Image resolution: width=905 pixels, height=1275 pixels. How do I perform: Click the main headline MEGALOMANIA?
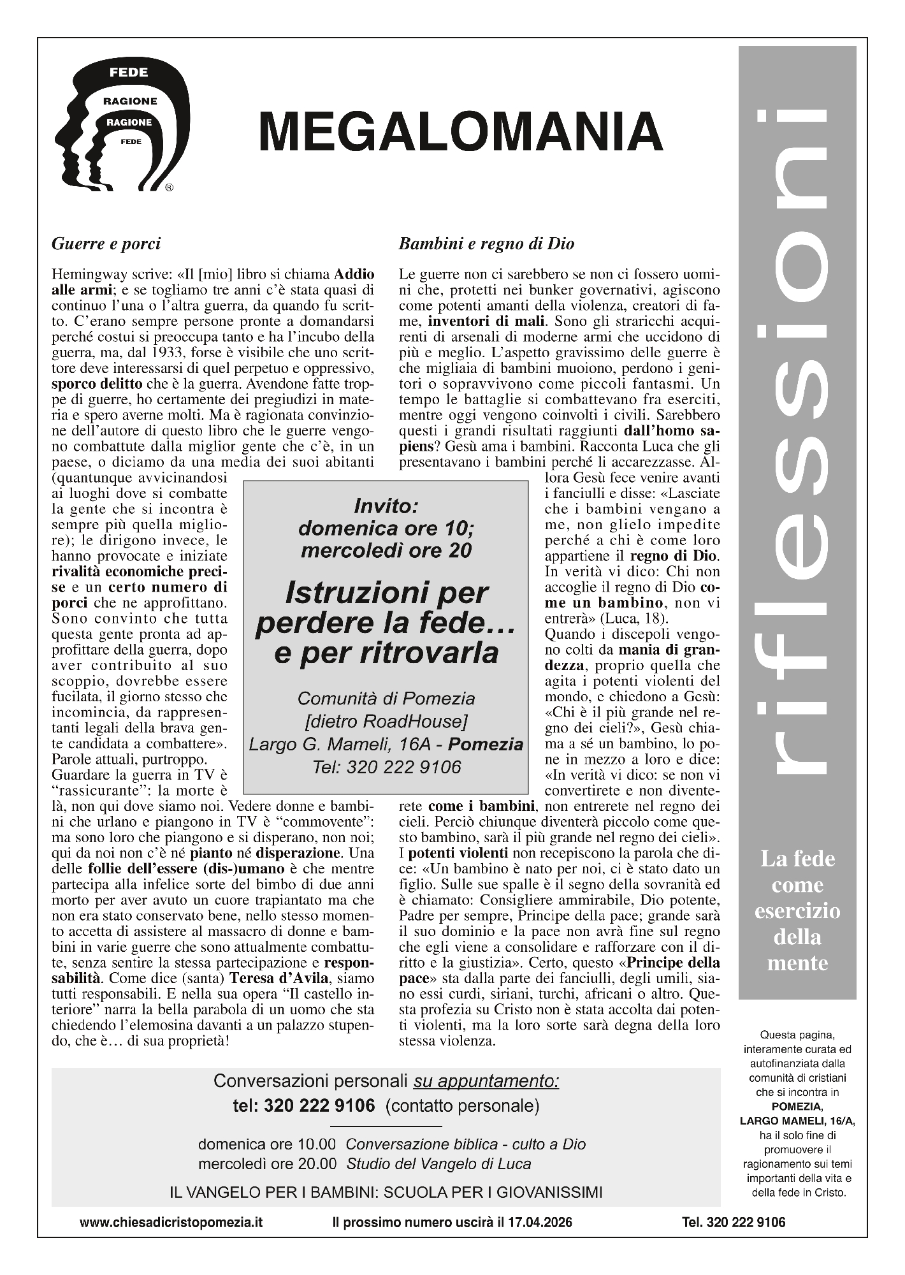pos(461,131)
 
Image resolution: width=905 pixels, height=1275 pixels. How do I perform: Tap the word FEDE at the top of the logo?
pos(129,73)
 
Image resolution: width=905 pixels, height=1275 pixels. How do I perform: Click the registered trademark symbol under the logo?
pos(169,187)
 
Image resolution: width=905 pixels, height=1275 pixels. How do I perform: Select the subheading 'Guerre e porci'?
pos(106,244)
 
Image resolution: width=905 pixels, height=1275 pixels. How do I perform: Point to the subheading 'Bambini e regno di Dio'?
pos(486,244)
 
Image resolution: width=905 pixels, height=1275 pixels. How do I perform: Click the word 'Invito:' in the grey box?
pos(386,507)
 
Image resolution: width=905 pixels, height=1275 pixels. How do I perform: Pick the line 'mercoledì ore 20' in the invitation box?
pos(386,550)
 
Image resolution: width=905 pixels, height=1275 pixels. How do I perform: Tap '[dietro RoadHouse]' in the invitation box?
pos(386,721)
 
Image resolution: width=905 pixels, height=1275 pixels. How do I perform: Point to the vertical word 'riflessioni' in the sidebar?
pos(797,446)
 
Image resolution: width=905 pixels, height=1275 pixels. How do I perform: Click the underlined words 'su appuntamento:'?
pos(486,1081)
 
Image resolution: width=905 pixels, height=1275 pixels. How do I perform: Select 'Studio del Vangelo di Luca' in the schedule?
pos(438,1163)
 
